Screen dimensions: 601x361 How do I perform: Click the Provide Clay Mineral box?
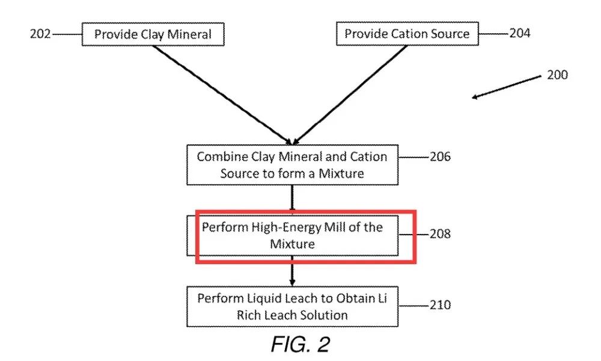click(153, 34)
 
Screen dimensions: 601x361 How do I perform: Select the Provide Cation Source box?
click(407, 34)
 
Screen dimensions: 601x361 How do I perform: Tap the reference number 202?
click(40, 34)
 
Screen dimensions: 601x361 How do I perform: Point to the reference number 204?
click(520, 33)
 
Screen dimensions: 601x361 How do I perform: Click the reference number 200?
click(557, 75)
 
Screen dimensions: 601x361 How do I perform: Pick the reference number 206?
click(440, 156)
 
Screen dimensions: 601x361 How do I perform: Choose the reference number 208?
click(440, 233)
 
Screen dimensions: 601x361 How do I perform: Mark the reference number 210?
click(440, 305)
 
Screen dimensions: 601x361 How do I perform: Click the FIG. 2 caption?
click(300, 344)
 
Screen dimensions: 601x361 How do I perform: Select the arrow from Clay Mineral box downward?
click(222, 95)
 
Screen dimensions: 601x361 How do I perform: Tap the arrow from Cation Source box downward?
click(350, 95)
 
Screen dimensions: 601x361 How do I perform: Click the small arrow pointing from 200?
click(506, 87)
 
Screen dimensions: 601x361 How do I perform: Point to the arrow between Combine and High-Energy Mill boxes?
click(293, 199)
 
